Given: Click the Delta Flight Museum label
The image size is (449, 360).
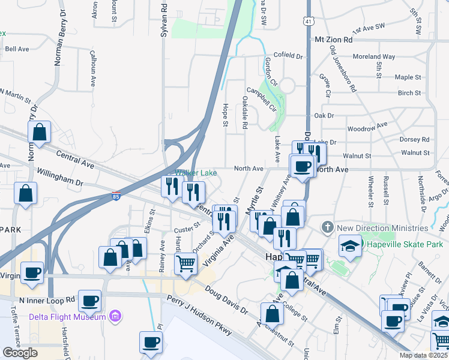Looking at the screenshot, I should (x=68, y=316).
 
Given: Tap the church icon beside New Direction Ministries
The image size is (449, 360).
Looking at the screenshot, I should (x=327, y=227).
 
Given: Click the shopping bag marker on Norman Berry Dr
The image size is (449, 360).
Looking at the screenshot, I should (x=39, y=133).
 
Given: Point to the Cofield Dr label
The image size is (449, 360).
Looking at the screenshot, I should (x=289, y=55).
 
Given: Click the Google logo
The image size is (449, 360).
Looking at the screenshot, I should (x=20, y=353).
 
